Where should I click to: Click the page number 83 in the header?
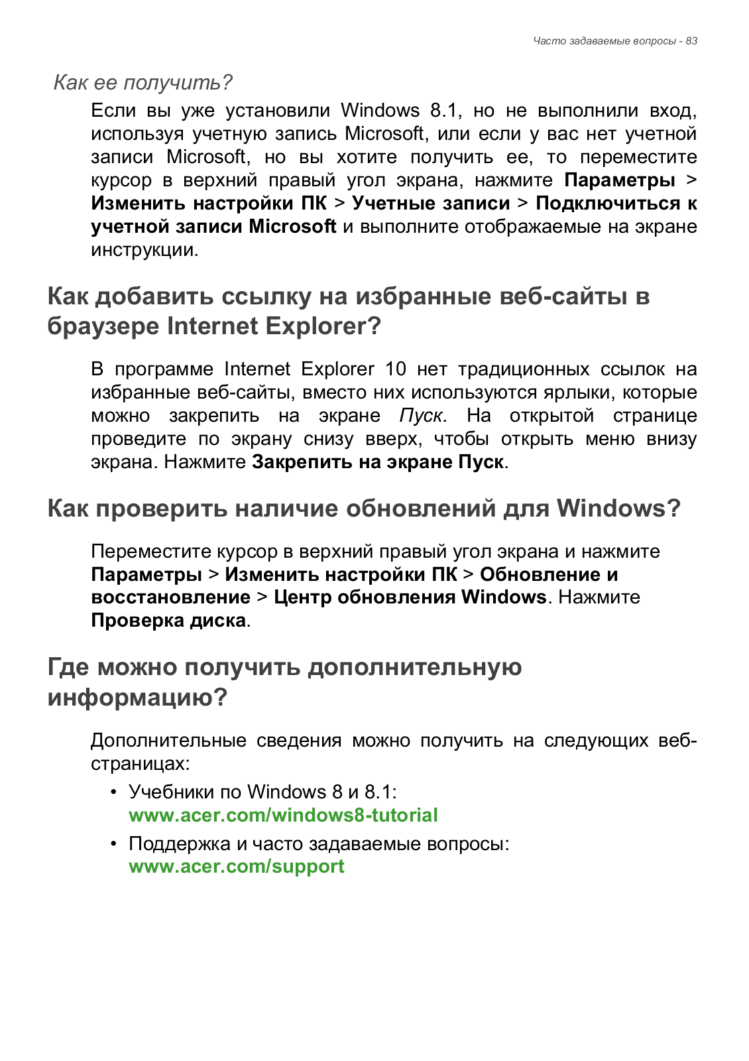pyautogui.click(x=691, y=41)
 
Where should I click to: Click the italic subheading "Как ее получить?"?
pyautogui.click(x=143, y=83)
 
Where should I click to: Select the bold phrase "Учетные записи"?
pyautogui.click(x=431, y=203)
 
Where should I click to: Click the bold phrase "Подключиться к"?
pyautogui.click(x=616, y=203)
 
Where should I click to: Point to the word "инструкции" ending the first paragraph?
pyautogui.click(x=144, y=250)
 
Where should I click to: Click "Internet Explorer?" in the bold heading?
pyautogui.click(x=274, y=326)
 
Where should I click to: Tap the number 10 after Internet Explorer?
pyautogui.click(x=396, y=369)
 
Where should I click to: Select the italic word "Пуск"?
pyautogui.click(x=421, y=416)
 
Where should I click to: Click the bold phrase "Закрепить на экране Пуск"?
pyautogui.click(x=378, y=462)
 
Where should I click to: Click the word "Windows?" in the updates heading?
pyautogui.click(x=618, y=509)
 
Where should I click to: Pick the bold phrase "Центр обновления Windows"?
pyautogui.click(x=410, y=597)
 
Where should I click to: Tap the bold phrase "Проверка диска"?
pyautogui.click(x=168, y=621)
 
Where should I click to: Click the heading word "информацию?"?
pyautogui.click(x=137, y=698)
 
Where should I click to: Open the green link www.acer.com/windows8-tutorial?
pyautogui.click(x=283, y=815)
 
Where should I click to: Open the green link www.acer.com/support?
pyautogui.click(x=237, y=867)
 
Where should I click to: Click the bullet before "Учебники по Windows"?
pyautogui.click(x=114, y=792)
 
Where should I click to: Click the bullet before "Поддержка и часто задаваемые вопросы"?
pyautogui.click(x=114, y=843)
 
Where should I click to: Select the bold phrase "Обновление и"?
pyautogui.click(x=548, y=574)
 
